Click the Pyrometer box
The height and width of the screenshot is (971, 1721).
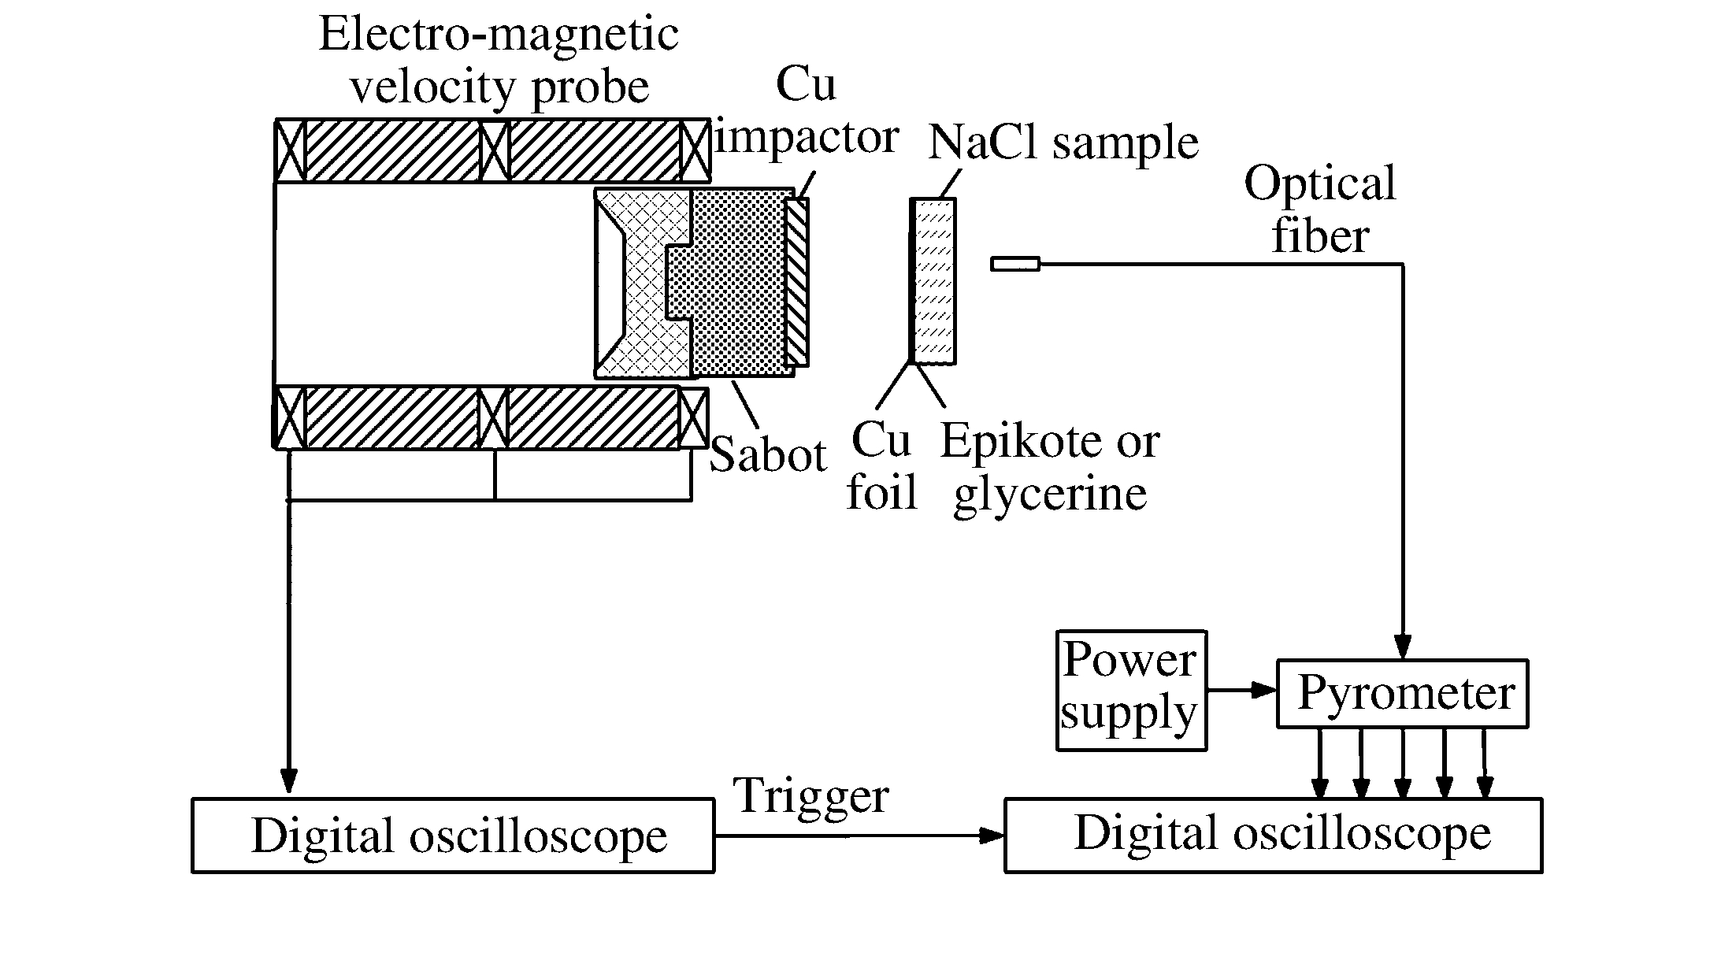pyautogui.click(x=1401, y=693)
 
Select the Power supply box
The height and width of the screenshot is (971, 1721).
pyautogui.click(x=1130, y=690)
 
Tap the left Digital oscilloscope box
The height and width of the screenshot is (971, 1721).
pyautogui.click(x=453, y=835)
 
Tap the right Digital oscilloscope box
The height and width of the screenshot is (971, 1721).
pyautogui.click(x=1273, y=835)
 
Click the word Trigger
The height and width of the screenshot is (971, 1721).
pyautogui.click(x=811, y=795)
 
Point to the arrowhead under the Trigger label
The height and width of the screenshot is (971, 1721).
pyautogui.click(x=991, y=836)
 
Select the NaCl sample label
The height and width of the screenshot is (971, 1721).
pyautogui.click(x=1063, y=143)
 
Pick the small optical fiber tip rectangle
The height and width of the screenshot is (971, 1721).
pyautogui.click(x=1014, y=265)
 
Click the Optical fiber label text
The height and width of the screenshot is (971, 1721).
pyautogui.click(x=1320, y=209)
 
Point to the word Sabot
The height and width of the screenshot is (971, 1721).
pyautogui.click(x=768, y=455)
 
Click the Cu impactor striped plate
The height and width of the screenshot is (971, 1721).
pyautogui.click(x=797, y=282)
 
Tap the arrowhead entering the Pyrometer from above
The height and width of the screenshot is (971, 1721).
pyautogui.click(x=1402, y=647)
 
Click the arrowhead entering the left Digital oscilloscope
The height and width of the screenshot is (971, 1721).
pyautogui.click(x=289, y=781)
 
